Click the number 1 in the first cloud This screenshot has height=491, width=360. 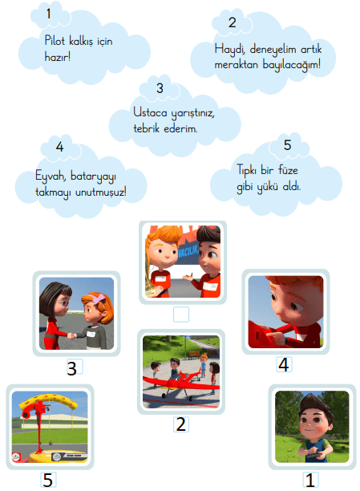tap(49, 14)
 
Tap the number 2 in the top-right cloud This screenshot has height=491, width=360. tap(232, 23)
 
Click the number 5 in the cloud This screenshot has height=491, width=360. tap(286, 145)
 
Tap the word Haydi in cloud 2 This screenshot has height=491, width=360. tap(228, 49)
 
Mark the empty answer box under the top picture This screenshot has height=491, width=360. tap(181, 314)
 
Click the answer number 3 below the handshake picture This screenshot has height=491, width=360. tap(72, 368)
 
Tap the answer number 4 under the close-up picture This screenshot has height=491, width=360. tap(282, 364)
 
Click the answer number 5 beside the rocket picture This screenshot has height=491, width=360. tap(47, 479)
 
